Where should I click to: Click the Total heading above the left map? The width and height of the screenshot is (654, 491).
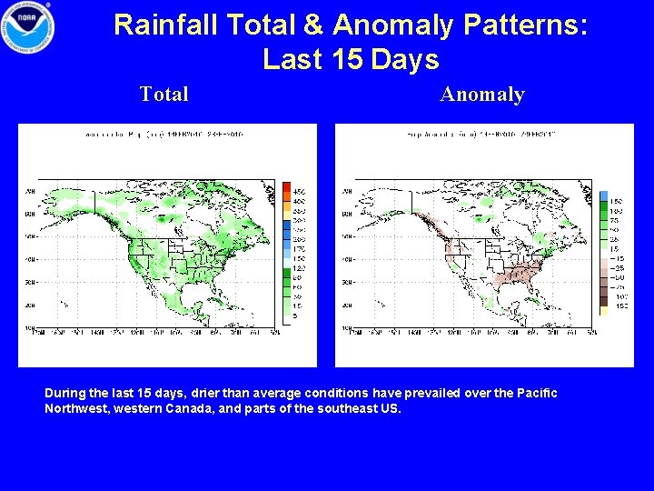(164, 94)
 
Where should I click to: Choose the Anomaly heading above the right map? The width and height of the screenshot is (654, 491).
(482, 94)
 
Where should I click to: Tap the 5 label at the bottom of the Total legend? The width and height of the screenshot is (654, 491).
(298, 316)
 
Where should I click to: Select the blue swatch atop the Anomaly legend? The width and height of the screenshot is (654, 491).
(603, 196)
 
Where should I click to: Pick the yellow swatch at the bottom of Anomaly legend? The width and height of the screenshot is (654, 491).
(603, 310)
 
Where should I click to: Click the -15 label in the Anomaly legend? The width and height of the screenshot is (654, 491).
(617, 258)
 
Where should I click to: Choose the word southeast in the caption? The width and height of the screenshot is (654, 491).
(342, 408)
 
